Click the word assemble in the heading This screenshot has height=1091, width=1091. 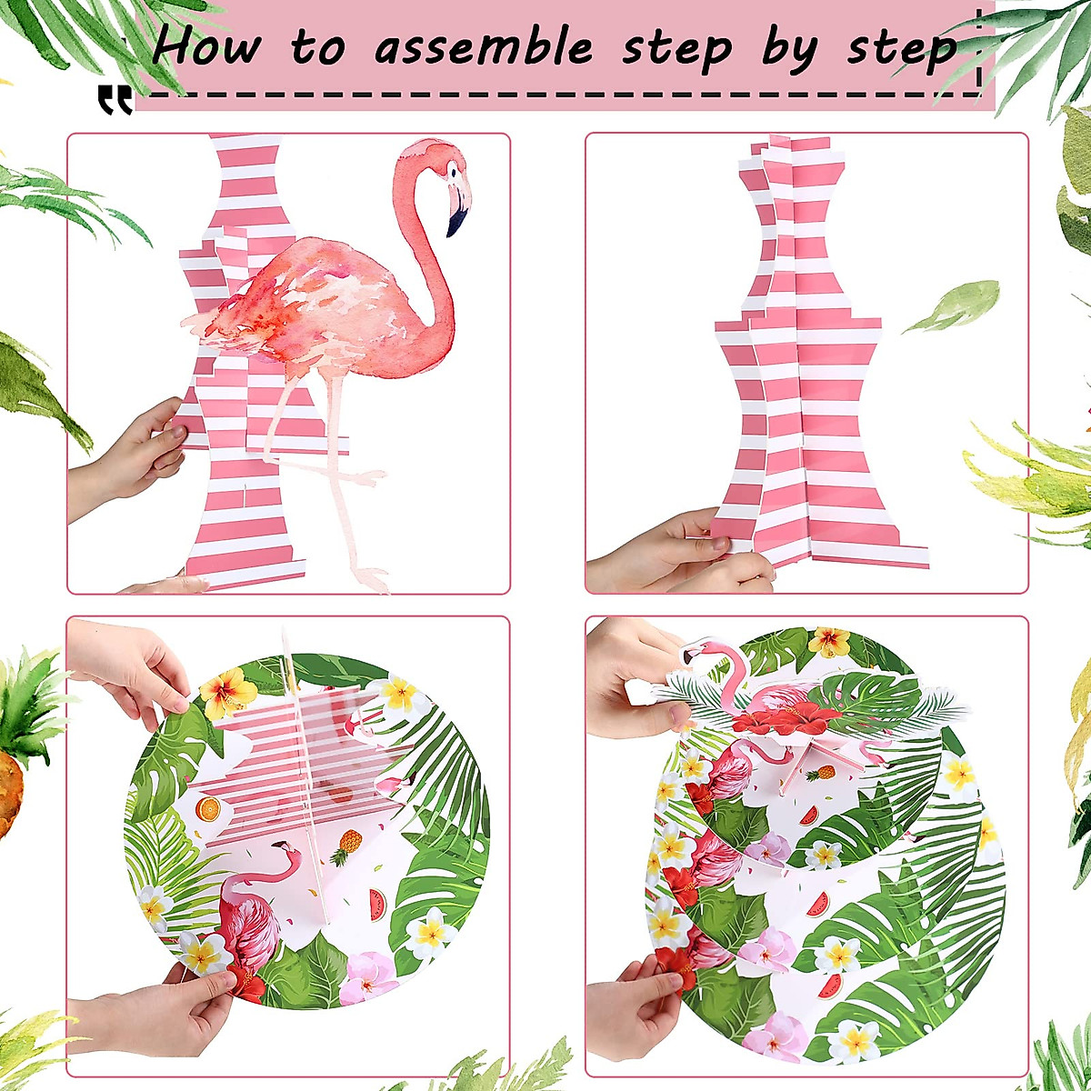[484, 47]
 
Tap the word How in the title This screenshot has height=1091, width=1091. [207, 45]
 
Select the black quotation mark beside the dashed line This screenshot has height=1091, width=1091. [115, 101]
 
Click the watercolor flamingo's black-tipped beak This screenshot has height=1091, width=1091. [457, 212]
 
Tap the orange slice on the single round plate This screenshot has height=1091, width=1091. [208, 807]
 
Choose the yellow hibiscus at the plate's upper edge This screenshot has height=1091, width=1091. [228, 692]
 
